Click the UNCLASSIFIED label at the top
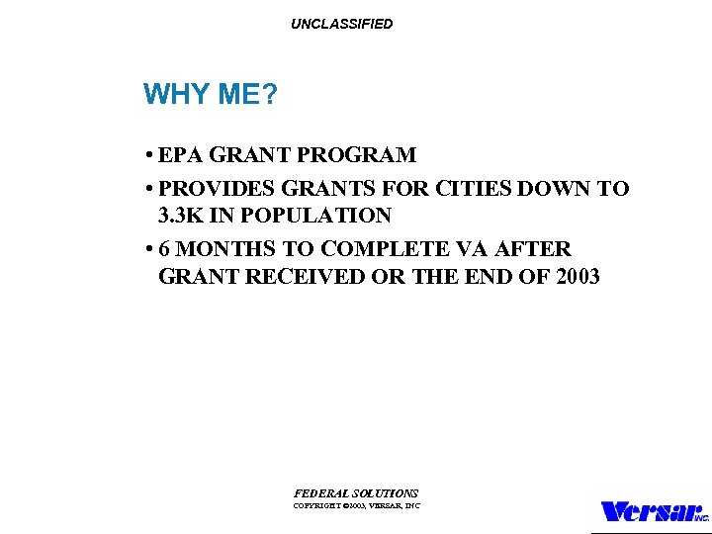(x=341, y=24)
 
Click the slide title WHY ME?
(x=210, y=94)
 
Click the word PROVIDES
(x=217, y=188)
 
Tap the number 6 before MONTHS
(x=164, y=248)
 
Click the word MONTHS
(x=228, y=248)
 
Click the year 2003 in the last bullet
(x=578, y=276)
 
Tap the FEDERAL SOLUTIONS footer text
(x=356, y=492)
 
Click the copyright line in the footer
(x=356, y=505)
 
